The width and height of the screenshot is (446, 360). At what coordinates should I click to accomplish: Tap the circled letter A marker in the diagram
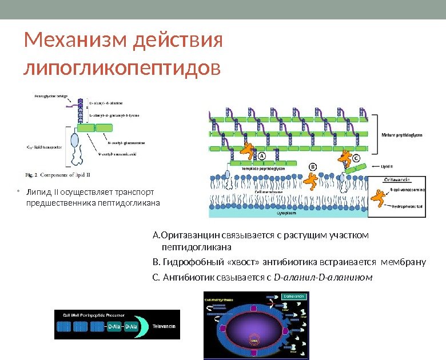(x=262, y=155)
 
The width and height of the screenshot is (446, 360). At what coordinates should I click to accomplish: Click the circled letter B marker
(x=313, y=166)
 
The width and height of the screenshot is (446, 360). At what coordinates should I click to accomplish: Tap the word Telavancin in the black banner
(x=164, y=326)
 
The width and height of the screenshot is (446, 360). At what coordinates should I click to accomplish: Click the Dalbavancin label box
(x=294, y=297)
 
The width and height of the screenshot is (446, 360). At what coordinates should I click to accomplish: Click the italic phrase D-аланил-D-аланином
(x=324, y=278)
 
